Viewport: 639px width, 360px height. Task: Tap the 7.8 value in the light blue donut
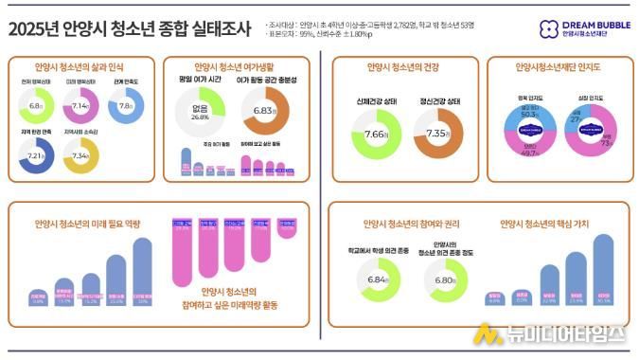point(127,107)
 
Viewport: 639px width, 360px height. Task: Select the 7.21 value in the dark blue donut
point(36,153)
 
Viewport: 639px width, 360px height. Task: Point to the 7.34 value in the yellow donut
point(81,154)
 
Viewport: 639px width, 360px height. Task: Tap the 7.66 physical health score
point(376,135)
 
